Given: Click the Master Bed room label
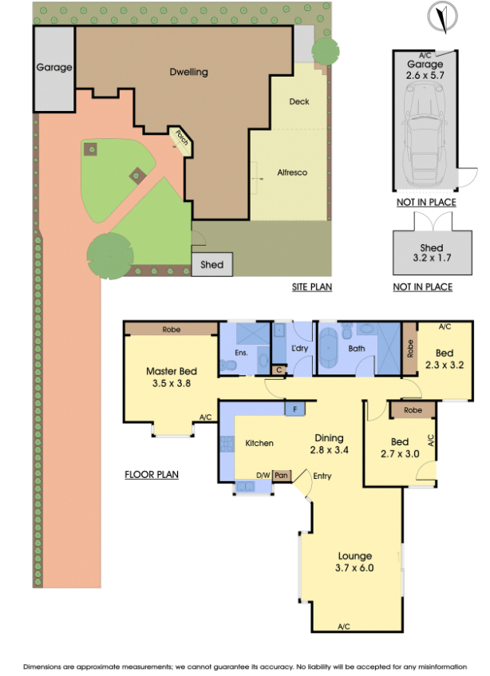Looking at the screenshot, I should coord(172,377).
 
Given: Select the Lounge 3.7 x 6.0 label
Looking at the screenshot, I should coord(355,562).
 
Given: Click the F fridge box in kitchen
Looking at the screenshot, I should coord(294,409).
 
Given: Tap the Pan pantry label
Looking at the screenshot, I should coord(281,475).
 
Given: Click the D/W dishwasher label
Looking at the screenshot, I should coord(263,475).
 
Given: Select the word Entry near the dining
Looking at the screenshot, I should coord(322,476).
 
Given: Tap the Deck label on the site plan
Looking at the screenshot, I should coord(298,101).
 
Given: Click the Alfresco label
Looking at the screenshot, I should coord(292,172).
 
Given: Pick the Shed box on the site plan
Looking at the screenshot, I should coord(212,264).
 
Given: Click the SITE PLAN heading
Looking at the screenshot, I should coord(311,287).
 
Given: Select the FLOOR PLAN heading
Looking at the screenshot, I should coord(151,474).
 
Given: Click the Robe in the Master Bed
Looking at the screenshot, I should coord(171,329).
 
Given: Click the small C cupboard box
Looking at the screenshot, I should coord(279,370).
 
